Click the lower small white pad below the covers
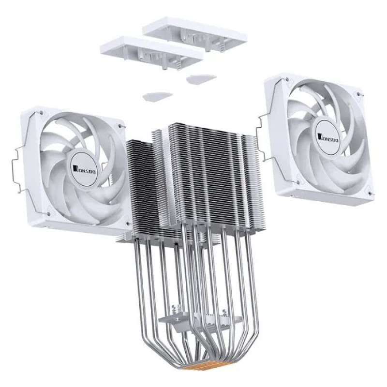[x=157, y=96]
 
